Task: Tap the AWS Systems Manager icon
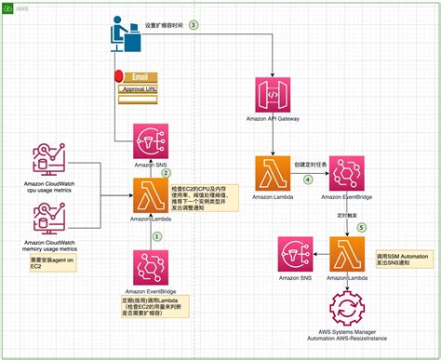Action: coord(347,309)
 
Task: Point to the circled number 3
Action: coord(194,24)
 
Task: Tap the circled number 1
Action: coord(157,235)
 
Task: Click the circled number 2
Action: coord(166,172)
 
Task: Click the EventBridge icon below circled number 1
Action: coord(149,267)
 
